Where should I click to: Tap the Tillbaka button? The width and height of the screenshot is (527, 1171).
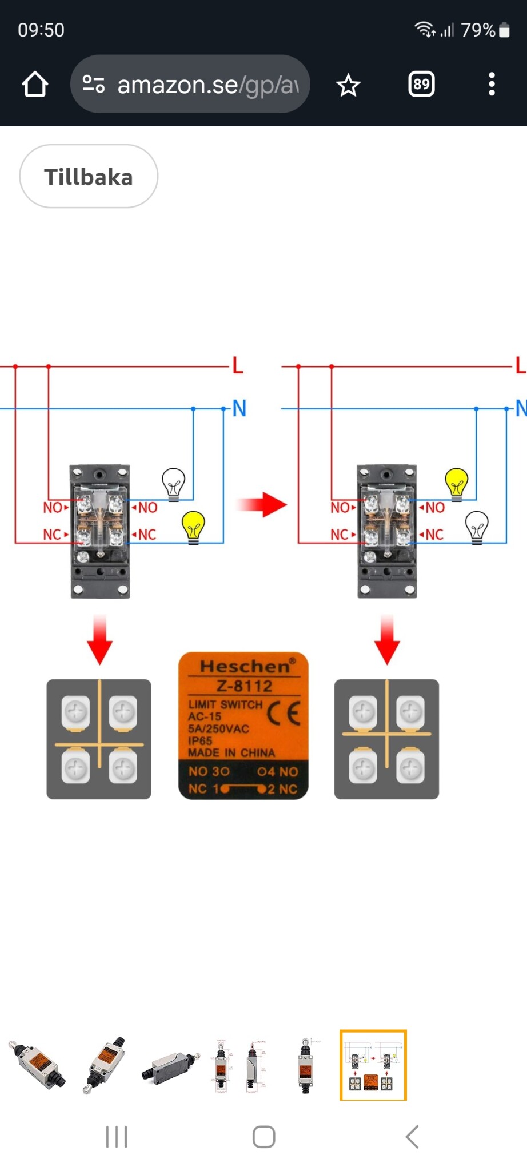(x=89, y=177)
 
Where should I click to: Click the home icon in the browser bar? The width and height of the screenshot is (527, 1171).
(x=35, y=85)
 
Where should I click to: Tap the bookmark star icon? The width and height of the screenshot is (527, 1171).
(x=348, y=86)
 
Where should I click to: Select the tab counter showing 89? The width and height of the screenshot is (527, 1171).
(x=421, y=85)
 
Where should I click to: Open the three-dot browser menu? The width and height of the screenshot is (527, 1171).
(x=492, y=85)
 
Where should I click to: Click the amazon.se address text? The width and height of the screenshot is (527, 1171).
(x=207, y=85)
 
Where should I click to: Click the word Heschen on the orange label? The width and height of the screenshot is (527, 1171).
(x=245, y=666)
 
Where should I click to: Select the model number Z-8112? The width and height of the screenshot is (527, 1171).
(x=244, y=686)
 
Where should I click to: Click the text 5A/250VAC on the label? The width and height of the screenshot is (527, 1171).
(x=218, y=728)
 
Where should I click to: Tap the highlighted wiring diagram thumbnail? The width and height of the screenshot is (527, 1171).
(x=373, y=1065)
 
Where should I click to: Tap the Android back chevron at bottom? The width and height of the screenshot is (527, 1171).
(x=412, y=1137)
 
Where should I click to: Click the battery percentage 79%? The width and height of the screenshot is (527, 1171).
(x=478, y=30)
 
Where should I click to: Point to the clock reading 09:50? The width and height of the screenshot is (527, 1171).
(x=41, y=30)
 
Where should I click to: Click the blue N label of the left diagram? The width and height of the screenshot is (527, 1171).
(x=239, y=408)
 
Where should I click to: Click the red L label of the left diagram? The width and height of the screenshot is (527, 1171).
(x=238, y=365)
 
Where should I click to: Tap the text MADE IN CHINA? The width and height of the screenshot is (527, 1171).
(x=231, y=752)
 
